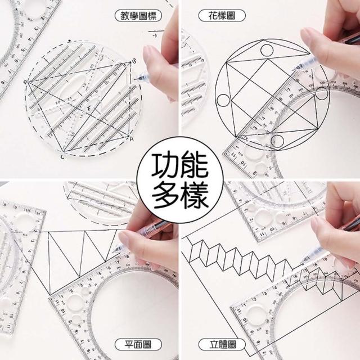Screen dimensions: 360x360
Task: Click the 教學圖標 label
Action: (x=138, y=16)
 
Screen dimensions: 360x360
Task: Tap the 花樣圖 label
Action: (x=222, y=16)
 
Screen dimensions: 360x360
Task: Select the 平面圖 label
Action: (x=138, y=344)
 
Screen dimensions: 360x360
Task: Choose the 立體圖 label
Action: (x=222, y=344)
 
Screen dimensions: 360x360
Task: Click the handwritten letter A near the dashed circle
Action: (x=131, y=139)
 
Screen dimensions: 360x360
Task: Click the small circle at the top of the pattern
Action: (x=267, y=50)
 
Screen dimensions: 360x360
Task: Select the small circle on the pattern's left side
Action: (x=223, y=100)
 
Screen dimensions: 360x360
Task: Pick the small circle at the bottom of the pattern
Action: (x=277, y=141)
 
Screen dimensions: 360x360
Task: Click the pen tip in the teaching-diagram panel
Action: (x=135, y=79)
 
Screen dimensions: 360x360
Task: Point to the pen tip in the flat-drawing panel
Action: (x=114, y=251)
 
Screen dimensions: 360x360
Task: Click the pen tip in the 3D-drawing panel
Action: (x=302, y=261)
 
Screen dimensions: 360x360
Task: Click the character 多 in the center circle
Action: (x=164, y=195)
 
